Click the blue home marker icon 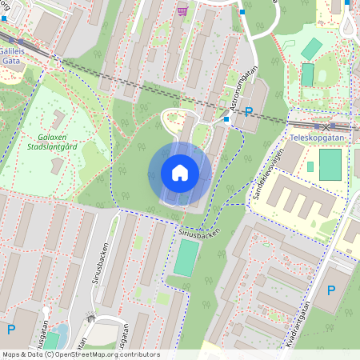(x=180, y=173)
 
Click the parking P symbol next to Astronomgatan (x=249, y=112)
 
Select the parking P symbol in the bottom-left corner (x=11, y=329)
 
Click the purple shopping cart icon (x=183, y=10)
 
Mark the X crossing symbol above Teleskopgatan (x=325, y=126)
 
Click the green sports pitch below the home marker (x=186, y=258)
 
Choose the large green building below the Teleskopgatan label (x=330, y=164)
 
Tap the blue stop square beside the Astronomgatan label (x=227, y=119)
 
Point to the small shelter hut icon (x=91, y=318)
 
